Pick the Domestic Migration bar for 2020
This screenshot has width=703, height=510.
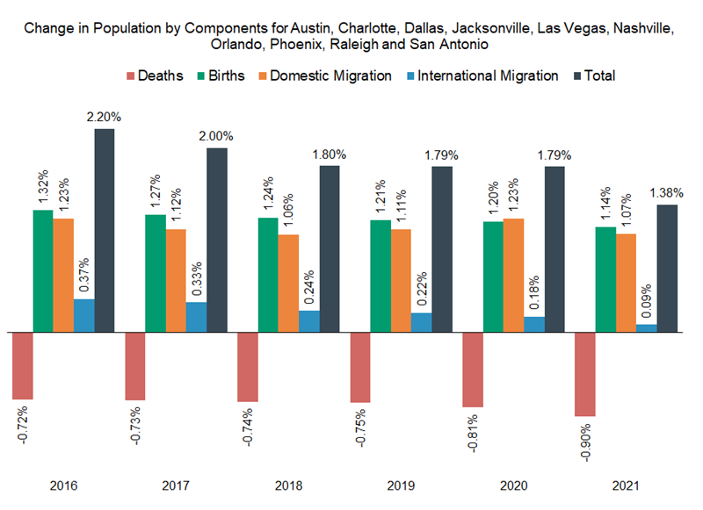513,276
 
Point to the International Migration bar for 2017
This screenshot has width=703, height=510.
197,317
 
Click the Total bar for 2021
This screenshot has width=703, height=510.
667,269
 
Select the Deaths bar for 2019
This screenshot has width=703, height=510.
360,368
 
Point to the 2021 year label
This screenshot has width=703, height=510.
625,485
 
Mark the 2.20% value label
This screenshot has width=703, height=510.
105,117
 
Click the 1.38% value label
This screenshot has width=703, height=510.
667,192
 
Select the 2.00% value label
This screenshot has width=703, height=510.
217,136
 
